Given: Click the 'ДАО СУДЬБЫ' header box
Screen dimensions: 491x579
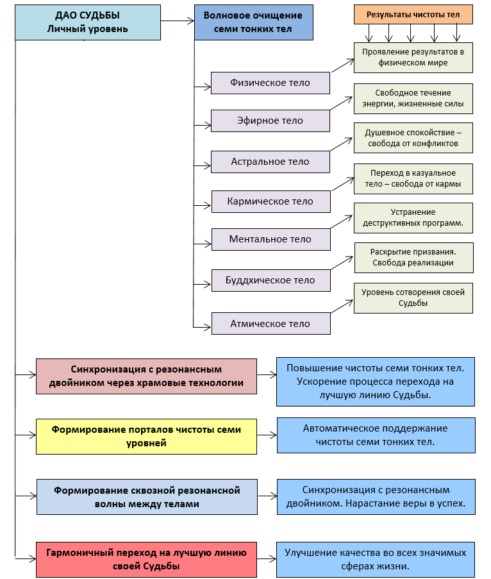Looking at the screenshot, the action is point(88,22).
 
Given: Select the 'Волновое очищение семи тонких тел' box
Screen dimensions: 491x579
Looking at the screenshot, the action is point(254,22).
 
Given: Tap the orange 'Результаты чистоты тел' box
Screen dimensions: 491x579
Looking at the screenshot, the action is point(413,14).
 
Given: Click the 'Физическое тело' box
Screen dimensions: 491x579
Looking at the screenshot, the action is point(270,83).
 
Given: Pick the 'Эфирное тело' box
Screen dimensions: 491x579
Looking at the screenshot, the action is point(270,121).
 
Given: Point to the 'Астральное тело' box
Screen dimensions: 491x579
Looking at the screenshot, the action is point(270,162).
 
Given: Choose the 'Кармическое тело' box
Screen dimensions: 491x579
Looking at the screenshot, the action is point(270,201).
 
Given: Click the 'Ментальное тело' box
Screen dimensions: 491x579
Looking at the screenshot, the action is point(270,239).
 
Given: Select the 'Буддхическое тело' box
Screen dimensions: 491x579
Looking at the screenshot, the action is point(270,280).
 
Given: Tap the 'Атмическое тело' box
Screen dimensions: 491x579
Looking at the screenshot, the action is point(270,323).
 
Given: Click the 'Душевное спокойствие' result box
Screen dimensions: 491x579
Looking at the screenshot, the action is point(413,138).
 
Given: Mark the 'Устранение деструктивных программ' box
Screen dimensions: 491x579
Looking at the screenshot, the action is point(413,218).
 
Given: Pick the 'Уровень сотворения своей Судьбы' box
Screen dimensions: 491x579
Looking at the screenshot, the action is point(413,298).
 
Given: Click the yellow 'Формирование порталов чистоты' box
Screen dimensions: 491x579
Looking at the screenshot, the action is point(146,437).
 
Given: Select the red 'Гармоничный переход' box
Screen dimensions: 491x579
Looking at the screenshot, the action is point(146,559).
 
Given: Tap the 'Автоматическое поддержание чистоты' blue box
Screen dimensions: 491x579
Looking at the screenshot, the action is point(376,435).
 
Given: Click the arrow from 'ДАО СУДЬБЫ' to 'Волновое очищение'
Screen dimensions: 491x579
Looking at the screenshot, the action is point(178,21).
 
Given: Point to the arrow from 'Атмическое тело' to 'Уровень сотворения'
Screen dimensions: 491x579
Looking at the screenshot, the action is point(342,306).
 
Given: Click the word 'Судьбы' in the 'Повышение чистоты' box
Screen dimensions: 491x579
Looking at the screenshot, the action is point(412,395).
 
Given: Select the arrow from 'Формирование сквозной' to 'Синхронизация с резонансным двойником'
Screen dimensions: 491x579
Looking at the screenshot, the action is point(267,496).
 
